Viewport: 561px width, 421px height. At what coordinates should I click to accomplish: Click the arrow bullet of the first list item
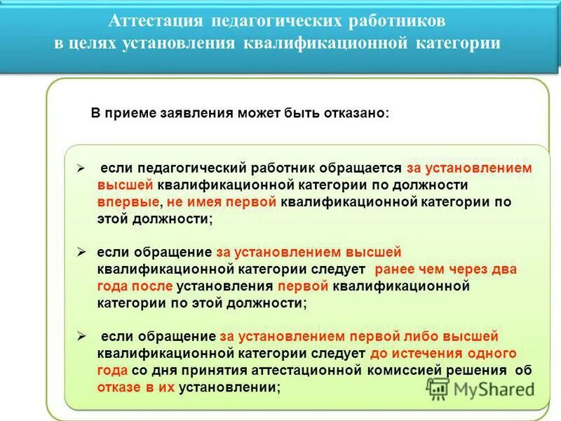point(81,168)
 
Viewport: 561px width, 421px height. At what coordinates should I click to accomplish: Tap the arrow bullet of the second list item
point(81,251)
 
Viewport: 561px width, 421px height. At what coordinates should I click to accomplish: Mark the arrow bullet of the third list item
point(81,335)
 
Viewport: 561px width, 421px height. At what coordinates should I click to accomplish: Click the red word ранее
point(396,269)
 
